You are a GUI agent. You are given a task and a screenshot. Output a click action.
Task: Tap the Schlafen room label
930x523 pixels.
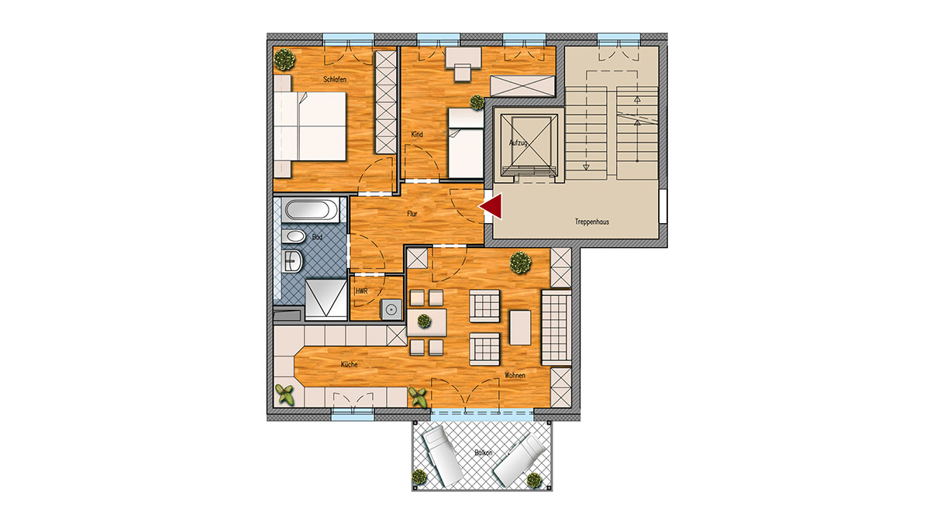(335, 79)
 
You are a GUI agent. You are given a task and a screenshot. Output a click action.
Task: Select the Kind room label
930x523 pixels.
(417, 134)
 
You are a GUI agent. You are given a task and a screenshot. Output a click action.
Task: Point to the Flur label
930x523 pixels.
(412, 214)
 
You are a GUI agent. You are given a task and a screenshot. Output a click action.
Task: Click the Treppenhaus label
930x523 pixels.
(591, 222)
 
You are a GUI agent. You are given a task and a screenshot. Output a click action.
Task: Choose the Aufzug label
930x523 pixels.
(518, 143)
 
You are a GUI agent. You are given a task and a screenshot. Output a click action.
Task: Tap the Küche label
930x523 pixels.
(350, 364)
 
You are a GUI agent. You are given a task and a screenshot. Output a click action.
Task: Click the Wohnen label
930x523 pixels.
(515, 375)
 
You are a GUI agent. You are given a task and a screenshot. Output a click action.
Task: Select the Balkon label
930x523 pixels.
(484, 452)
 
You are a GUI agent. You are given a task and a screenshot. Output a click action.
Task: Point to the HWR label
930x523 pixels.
(362, 291)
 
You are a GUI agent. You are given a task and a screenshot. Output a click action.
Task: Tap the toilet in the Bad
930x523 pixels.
(293, 236)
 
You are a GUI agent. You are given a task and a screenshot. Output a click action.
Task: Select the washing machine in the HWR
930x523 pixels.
(391, 310)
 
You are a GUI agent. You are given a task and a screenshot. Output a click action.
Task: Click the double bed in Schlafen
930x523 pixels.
(310, 126)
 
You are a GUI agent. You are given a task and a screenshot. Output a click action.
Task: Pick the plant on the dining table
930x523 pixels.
(424, 321)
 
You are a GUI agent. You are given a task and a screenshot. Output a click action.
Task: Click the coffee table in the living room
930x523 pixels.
(520, 328)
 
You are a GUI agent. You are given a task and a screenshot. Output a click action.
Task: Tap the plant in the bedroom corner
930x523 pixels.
(285, 60)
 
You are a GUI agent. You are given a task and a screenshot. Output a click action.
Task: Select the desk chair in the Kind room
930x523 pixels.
(463, 72)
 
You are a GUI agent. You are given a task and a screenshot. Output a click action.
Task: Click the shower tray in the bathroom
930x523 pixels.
(326, 299)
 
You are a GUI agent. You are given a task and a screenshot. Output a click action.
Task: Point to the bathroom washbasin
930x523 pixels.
(292, 261)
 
